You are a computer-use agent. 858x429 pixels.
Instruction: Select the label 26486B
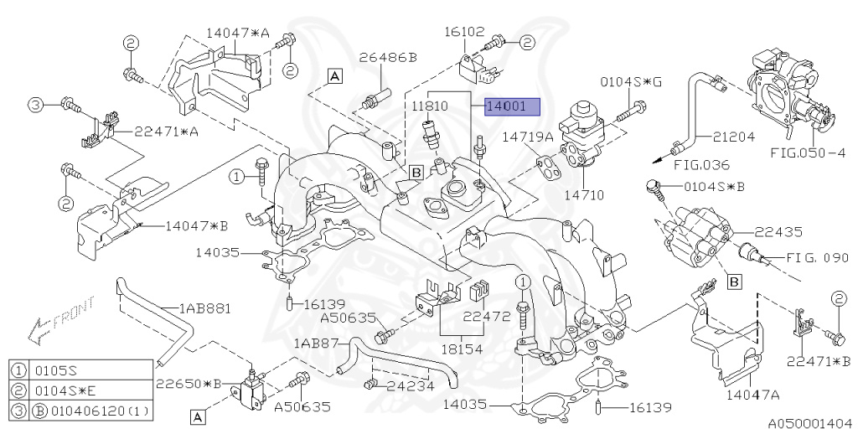coord(388,58)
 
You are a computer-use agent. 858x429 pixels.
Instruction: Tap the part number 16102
coord(464,33)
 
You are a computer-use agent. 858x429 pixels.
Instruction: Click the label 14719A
coord(528,137)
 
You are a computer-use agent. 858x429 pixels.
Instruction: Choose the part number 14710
coord(583,194)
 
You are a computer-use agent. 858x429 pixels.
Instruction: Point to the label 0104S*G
coord(630,82)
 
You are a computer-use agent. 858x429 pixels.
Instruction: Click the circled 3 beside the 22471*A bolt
coord(35,105)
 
